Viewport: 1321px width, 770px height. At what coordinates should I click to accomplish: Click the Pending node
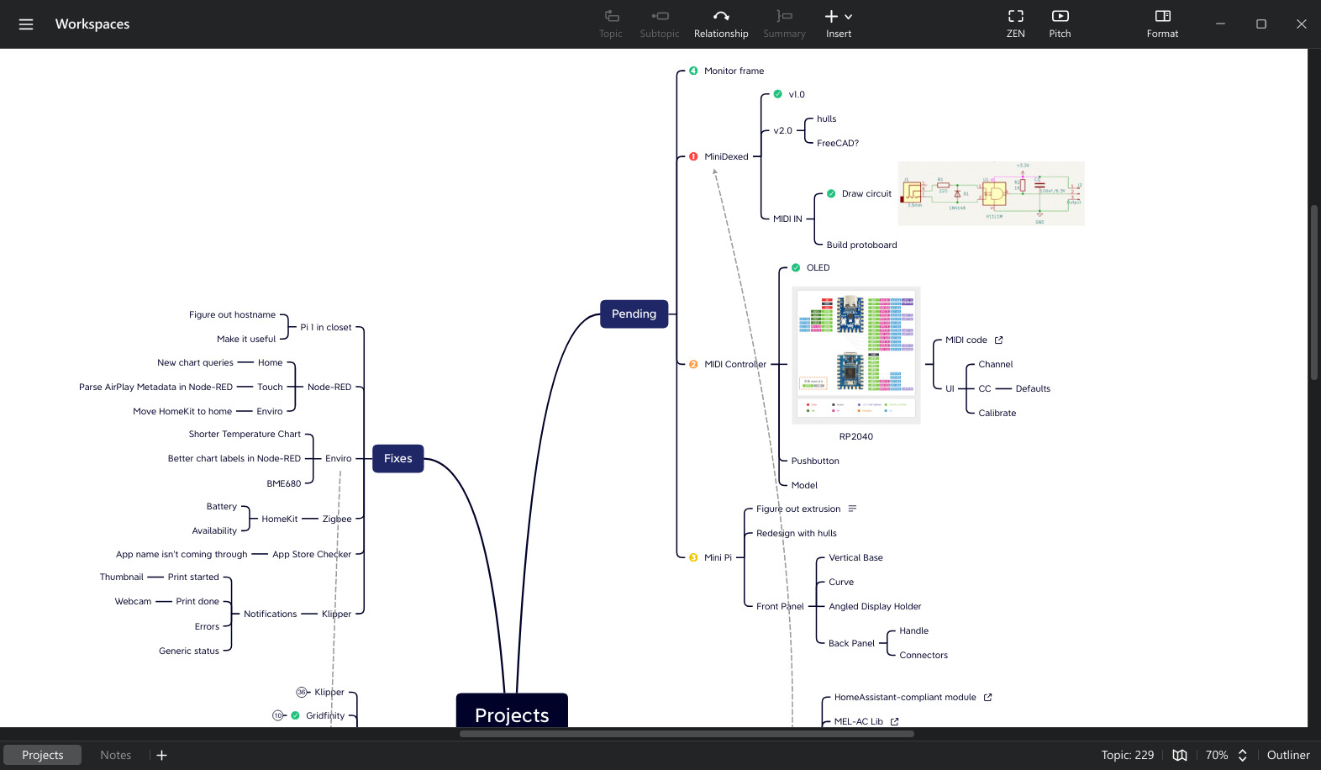[634, 314]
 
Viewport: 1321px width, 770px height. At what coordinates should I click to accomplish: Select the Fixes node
[397, 458]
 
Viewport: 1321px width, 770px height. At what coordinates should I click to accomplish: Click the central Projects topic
[511, 713]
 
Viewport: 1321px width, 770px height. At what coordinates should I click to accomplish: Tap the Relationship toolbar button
[720, 24]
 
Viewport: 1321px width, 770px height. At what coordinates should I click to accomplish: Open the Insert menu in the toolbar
[838, 24]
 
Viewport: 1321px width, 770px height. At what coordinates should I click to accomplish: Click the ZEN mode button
[1015, 24]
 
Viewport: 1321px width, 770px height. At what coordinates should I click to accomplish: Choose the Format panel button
[1161, 24]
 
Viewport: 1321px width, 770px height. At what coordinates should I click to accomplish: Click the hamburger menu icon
[26, 24]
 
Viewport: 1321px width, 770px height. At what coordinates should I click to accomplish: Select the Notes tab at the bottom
[115, 755]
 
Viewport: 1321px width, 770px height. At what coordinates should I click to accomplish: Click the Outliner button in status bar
[1287, 755]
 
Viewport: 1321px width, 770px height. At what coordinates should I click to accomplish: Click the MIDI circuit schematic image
[991, 193]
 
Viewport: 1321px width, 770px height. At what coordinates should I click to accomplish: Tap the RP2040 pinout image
[855, 355]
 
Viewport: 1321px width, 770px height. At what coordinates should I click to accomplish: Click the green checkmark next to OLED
[796, 267]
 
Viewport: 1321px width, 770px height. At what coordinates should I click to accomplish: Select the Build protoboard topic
[861, 245]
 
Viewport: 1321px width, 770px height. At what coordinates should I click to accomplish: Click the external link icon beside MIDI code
[998, 340]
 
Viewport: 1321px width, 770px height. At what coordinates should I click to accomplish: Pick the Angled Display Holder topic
[874, 606]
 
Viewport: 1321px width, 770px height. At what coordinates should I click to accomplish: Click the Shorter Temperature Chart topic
[245, 434]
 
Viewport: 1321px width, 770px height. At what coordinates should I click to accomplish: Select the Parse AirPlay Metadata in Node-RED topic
[155, 387]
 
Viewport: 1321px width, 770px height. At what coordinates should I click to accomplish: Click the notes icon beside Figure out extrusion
[852, 509]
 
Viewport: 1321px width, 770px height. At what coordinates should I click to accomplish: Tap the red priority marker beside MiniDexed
[693, 156]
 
